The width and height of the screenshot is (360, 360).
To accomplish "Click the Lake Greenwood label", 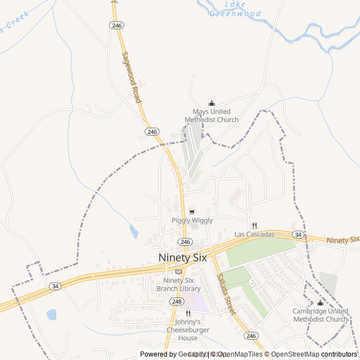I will pyautogui.click(x=235, y=9).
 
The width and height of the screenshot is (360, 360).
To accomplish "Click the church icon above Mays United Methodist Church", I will pyautogui.click(x=211, y=103).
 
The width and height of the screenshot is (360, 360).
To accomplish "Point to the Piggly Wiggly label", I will pyautogui.click(x=192, y=221).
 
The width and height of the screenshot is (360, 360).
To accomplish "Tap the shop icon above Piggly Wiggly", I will pyautogui.click(x=192, y=211).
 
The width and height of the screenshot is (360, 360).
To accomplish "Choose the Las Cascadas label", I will pyautogui.click(x=254, y=234).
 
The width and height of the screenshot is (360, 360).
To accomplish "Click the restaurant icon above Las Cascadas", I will pyautogui.click(x=254, y=226).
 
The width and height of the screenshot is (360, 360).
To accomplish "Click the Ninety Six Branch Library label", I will pyautogui.click(x=178, y=285).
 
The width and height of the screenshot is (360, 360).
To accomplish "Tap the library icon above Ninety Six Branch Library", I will pyautogui.click(x=178, y=272).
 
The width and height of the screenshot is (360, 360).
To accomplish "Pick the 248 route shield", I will pyautogui.click(x=177, y=301).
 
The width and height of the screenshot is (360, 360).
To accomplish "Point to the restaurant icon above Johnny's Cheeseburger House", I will pyautogui.click(x=188, y=313).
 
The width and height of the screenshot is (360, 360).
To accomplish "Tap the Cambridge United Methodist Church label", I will pyautogui.click(x=321, y=315).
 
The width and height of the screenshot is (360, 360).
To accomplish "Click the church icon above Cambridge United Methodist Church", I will pyautogui.click(x=321, y=303).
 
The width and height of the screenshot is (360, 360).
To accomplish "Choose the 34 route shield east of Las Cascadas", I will pyautogui.click(x=298, y=234).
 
